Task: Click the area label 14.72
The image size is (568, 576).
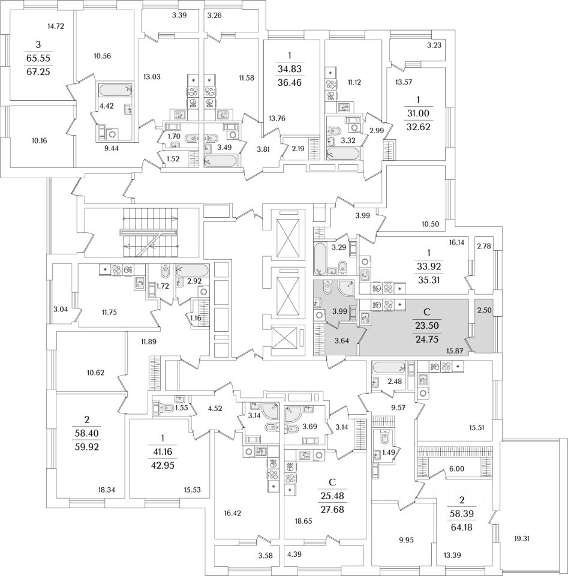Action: tap(56, 26)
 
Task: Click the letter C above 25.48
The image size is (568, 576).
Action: tap(332, 482)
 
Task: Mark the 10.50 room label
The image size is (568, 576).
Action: tap(431, 224)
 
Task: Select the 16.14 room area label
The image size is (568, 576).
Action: tap(458, 244)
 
